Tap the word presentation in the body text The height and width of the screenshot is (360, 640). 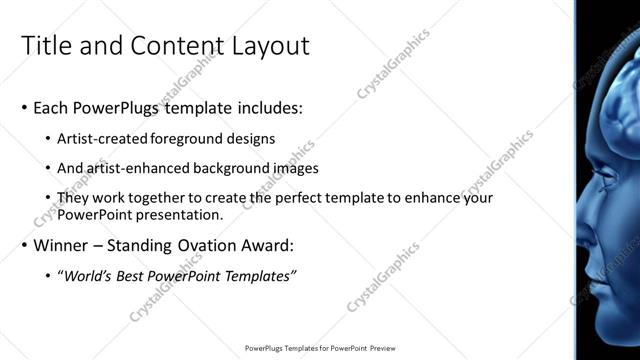185,214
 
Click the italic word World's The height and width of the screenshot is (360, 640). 94,275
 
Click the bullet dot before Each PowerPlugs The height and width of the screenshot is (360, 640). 24,108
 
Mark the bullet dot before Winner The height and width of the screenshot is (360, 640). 24,245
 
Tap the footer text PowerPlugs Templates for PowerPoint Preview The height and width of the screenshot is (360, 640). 319,349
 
